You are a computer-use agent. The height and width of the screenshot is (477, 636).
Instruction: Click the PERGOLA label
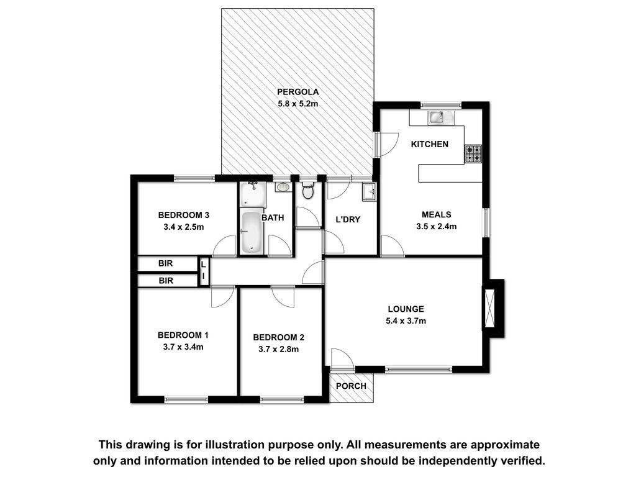tap(298, 92)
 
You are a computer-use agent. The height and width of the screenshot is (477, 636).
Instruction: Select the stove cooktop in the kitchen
tap(473, 154)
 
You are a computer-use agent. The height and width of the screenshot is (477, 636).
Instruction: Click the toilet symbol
tap(308, 191)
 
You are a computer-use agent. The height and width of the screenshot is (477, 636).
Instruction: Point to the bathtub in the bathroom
tap(252, 232)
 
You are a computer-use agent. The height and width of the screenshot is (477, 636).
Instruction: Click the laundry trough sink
tap(369, 192)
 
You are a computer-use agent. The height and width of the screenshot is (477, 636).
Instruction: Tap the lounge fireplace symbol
tap(488, 308)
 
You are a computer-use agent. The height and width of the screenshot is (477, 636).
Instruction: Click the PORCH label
tap(352, 386)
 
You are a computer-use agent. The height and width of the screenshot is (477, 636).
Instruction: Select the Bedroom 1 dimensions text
tap(183, 347)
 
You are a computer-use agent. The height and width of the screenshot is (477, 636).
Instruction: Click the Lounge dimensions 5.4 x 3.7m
tap(406, 321)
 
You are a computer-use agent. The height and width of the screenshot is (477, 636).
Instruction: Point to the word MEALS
tap(437, 214)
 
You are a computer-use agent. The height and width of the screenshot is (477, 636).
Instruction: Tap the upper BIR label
tap(165, 263)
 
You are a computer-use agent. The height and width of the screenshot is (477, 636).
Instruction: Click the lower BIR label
tap(166, 281)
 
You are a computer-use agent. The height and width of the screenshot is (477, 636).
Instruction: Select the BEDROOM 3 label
tap(184, 215)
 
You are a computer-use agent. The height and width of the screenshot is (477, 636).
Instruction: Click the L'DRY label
tap(348, 220)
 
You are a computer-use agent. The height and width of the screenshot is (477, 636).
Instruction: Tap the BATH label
tap(273, 218)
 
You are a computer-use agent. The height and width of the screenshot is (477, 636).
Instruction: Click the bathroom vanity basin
tap(283, 187)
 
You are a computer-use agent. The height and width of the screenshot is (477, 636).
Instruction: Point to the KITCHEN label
tap(430, 144)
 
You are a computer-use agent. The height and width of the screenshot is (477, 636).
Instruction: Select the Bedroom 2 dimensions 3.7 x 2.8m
tap(279, 349)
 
